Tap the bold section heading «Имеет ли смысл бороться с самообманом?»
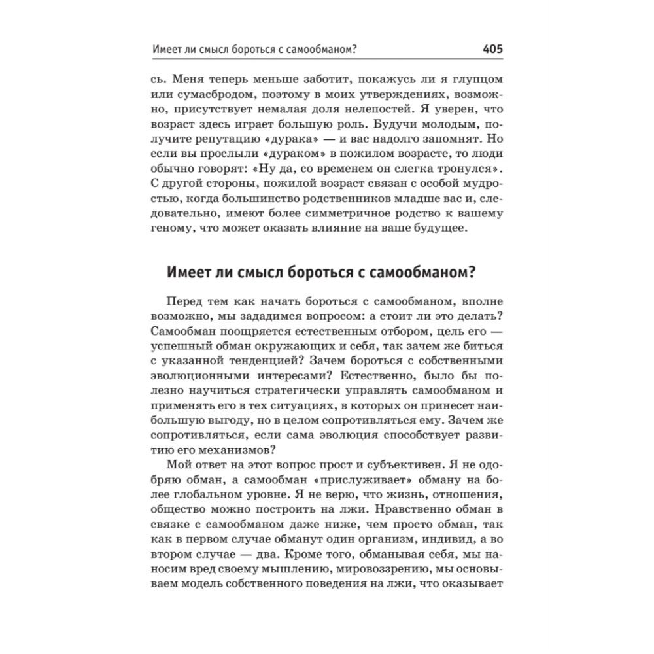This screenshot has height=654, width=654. point(321,273)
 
